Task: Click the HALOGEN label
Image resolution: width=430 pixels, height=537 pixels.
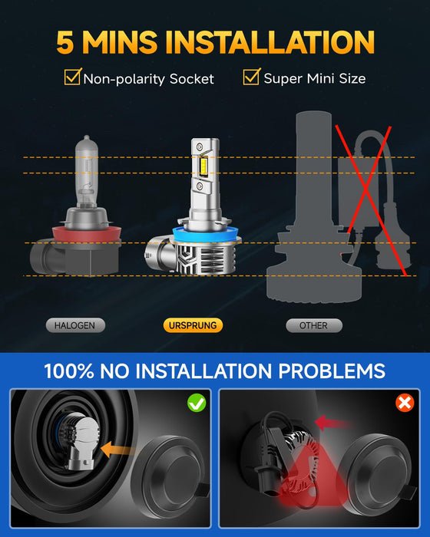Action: (x=74, y=325)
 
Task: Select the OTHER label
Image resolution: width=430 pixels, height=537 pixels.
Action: (x=313, y=325)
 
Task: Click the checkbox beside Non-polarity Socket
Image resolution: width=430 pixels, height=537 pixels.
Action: (x=72, y=77)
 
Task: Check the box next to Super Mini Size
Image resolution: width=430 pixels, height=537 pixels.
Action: (x=252, y=77)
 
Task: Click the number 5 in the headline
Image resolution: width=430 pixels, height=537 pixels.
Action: (x=68, y=41)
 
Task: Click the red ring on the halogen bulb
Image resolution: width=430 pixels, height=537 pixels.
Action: (x=84, y=232)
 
